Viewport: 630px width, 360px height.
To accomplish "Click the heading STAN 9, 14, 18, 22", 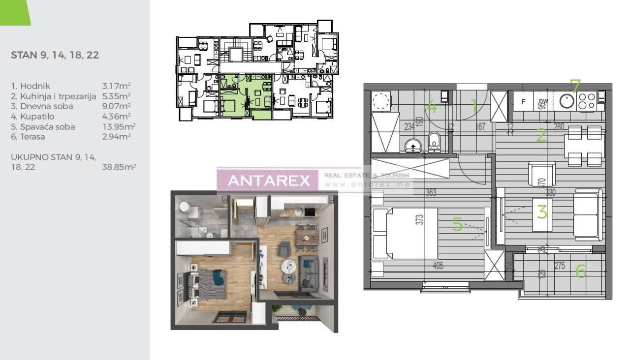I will coord(55,55).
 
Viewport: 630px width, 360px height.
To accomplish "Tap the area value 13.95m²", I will coord(119,127).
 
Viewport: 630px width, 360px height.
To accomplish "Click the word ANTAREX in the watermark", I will coord(269,180).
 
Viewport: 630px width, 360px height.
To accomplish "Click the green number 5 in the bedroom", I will coord(457,224).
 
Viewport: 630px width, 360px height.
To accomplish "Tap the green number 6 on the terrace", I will coord(581,270).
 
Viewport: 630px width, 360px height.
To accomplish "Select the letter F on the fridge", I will coord(523,102).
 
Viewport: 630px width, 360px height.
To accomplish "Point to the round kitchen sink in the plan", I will coord(567,101).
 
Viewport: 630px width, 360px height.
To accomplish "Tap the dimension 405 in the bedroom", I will coord(438,266).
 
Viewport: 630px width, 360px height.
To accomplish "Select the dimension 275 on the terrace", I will coord(559,266).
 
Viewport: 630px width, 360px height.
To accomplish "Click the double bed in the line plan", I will coord(405,233).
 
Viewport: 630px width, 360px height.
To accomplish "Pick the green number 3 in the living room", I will coord(542,212).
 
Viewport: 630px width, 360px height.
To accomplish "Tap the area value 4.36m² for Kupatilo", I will coord(116,117).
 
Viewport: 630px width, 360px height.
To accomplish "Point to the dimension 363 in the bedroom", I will coord(431,193).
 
